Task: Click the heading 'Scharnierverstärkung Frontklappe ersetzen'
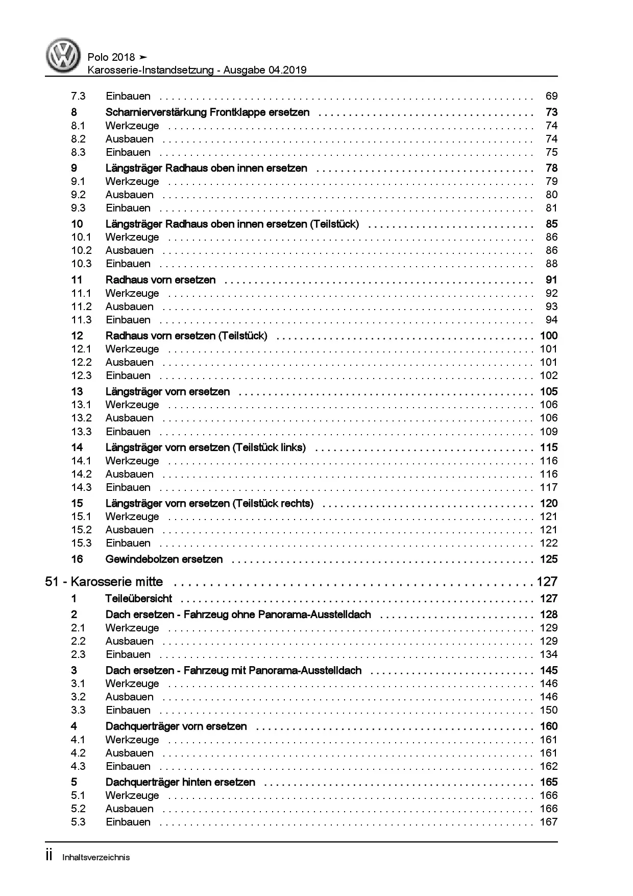pos(207,112)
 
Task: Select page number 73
pos(551,112)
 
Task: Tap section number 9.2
pos(78,195)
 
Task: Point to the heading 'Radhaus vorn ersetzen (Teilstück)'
pos(186,336)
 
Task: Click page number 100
pos(549,336)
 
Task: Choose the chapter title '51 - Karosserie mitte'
pos(104,582)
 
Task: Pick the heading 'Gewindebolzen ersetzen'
pos(164,559)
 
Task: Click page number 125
pos(549,559)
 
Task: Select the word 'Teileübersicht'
pos(139,599)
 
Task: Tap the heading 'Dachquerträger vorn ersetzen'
pos(176,726)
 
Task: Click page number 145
pos(549,670)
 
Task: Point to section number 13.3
pos(81,432)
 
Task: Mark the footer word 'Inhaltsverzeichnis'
pos(96,857)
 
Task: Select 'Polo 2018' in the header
pos(111,57)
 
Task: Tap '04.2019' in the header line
pos(286,70)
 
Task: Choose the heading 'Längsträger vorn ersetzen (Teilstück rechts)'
pos(209,503)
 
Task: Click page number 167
pos(549,822)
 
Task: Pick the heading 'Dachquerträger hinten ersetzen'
pos(180,782)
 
